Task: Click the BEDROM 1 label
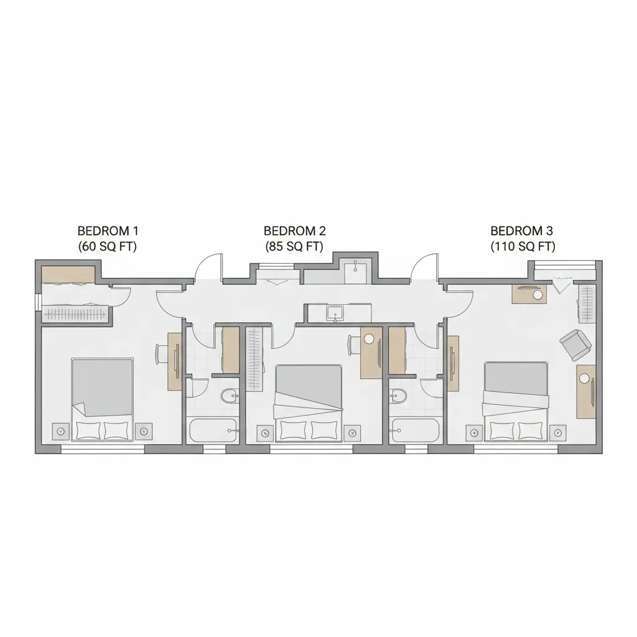pyautogui.click(x=108, y=231)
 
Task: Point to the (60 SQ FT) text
pyautogui.click(x=107, y=246)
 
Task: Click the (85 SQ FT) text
pyautogui.click(x=294, y=246)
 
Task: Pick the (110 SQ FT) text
pyautogui.click(x=523, y=246)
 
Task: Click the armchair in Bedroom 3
pyautogui.click(x=575, y=345)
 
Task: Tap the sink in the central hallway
pyautogui.click(x=335, y=314)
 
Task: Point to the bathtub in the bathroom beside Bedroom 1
pyautogui.click(x=213, y=430)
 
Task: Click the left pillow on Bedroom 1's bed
pyautogui.click(x=88, y=430)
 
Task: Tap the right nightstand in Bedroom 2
pyautogui.click(x=352, y=433)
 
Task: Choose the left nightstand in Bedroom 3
pyautogui.click(x=474, y=433)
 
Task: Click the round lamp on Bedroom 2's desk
pyautogui.click(x=369, y=338)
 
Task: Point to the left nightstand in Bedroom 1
pyautogui.click(x=60, y=432)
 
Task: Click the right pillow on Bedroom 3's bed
pyautogui.click(x=531, y=430)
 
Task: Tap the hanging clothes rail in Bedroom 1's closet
pyautogui.click(x=75, y=314)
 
